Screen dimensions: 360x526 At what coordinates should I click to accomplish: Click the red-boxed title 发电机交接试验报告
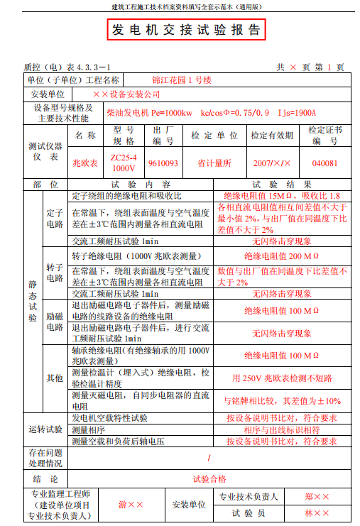[187, 30]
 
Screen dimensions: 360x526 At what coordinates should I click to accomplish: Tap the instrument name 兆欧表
[85, 163]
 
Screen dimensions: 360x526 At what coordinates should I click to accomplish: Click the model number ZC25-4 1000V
[124, 163]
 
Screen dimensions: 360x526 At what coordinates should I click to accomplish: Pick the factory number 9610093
[163, 163]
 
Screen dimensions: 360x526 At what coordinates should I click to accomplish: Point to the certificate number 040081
[325, 163]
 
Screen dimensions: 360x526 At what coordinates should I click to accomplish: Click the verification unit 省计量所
[214, 163]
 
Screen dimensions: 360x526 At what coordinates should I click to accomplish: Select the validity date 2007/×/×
[272, 163]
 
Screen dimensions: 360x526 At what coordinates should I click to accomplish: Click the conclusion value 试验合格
[209, 479]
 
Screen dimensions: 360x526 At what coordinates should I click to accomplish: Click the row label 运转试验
[45, 429]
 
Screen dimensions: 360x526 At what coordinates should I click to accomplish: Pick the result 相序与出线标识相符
[282, 429]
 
